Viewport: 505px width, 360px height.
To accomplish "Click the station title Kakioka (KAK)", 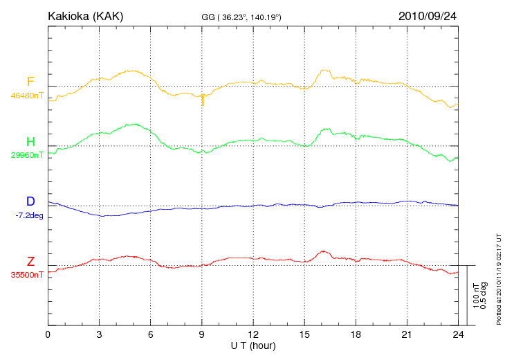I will pyautogui.click(x=85, y=15).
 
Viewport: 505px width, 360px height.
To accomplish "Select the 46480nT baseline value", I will pyautogui.click(x=26, y=96).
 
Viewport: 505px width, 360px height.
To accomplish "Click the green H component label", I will pyautogui.click(x=30, y=142).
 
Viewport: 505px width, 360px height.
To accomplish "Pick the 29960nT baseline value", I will pyautogui.click(x=26, y=155).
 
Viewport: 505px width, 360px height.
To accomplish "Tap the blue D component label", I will pyautogui.click(x=30, y=201).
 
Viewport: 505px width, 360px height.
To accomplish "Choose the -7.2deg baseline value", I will pyautogui.click(x=29, y=215).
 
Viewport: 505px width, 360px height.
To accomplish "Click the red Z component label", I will pyautogui.click(x=30, y=262).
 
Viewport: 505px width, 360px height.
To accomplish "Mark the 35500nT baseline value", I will pyautogui.click(x=26, y=275).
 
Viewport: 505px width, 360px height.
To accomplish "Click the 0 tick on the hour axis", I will pyautogui.click(x=48, y=335).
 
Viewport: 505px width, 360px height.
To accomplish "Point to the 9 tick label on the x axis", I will pyautogui.click(x=202, y=335).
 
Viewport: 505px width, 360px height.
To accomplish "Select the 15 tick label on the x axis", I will pyautogui.click(x=304, y=335).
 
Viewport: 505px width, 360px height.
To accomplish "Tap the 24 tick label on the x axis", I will pyautogui.click(x=458, y=335).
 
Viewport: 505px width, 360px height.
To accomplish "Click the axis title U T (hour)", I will pyautogui.click(x=253, y=345).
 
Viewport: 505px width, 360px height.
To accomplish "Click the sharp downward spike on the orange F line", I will pyautogui.click(x=202, y=102).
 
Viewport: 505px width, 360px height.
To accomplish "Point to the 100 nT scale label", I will pyautogui.click(x=476, y=296).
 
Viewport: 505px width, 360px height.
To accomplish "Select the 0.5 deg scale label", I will pyautogui.click(x=484, y=296).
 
